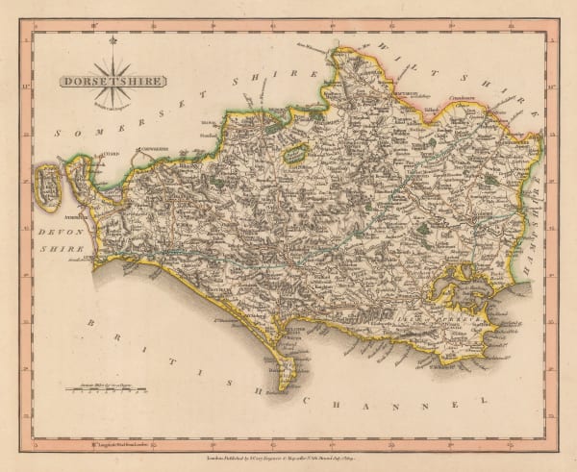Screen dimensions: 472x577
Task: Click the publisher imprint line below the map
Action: [x=288, y=448]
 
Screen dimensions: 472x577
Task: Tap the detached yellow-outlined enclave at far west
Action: [x=44, y=186]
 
